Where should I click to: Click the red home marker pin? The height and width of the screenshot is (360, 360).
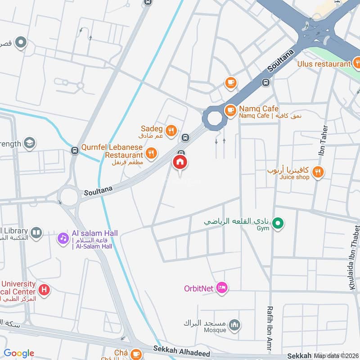pyautogui.click(x=180, y=162)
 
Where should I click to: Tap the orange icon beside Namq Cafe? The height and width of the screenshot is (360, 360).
pyautogui.click(x=230, y=110)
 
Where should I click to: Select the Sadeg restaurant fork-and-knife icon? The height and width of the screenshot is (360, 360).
pyautogui.click(x=171, y=131)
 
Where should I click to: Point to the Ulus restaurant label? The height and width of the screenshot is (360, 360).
pyautogui.click(x=323, y=63)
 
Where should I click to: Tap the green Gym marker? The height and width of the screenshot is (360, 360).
pyautogui.click(x=278, y=222)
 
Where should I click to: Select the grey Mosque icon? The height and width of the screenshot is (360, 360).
pyautogui.click(x=234, y=324)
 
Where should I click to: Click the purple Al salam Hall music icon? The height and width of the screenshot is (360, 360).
pyautogui.click(x=62, y=238)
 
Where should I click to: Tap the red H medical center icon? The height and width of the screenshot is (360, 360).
pyautogui.click(x=44, y=289)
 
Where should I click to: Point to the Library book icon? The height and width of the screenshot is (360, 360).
pyautogui.click(x=36, y=233)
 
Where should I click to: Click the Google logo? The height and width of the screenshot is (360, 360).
pyautogui.click(x=19, y=353)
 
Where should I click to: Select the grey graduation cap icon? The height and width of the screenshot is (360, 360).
pyautogui.click(x=30, y=143)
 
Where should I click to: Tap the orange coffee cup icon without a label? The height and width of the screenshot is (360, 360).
pyautogui.click(x=230, y=82)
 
